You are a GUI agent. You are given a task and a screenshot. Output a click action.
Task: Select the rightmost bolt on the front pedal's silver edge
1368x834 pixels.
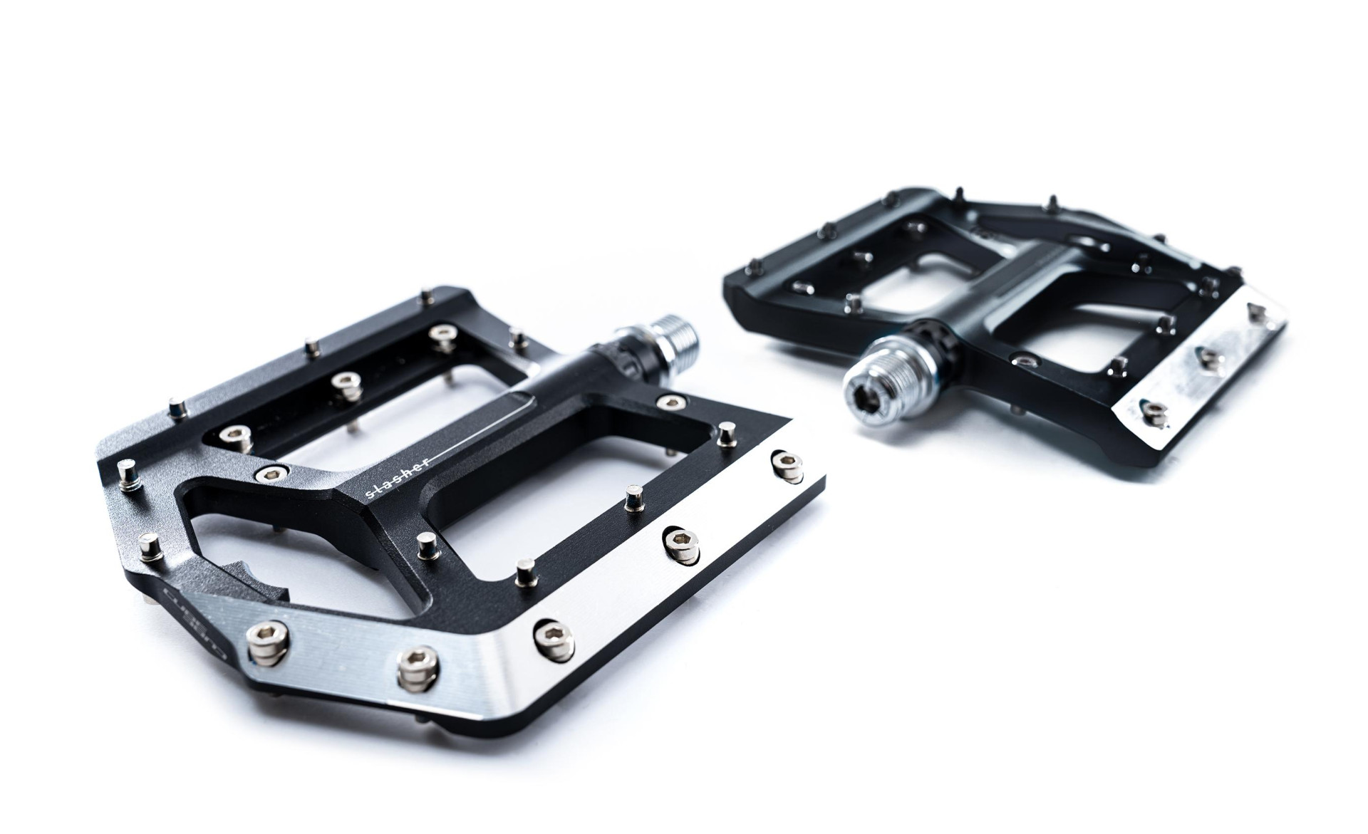click(x=785, y=462)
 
